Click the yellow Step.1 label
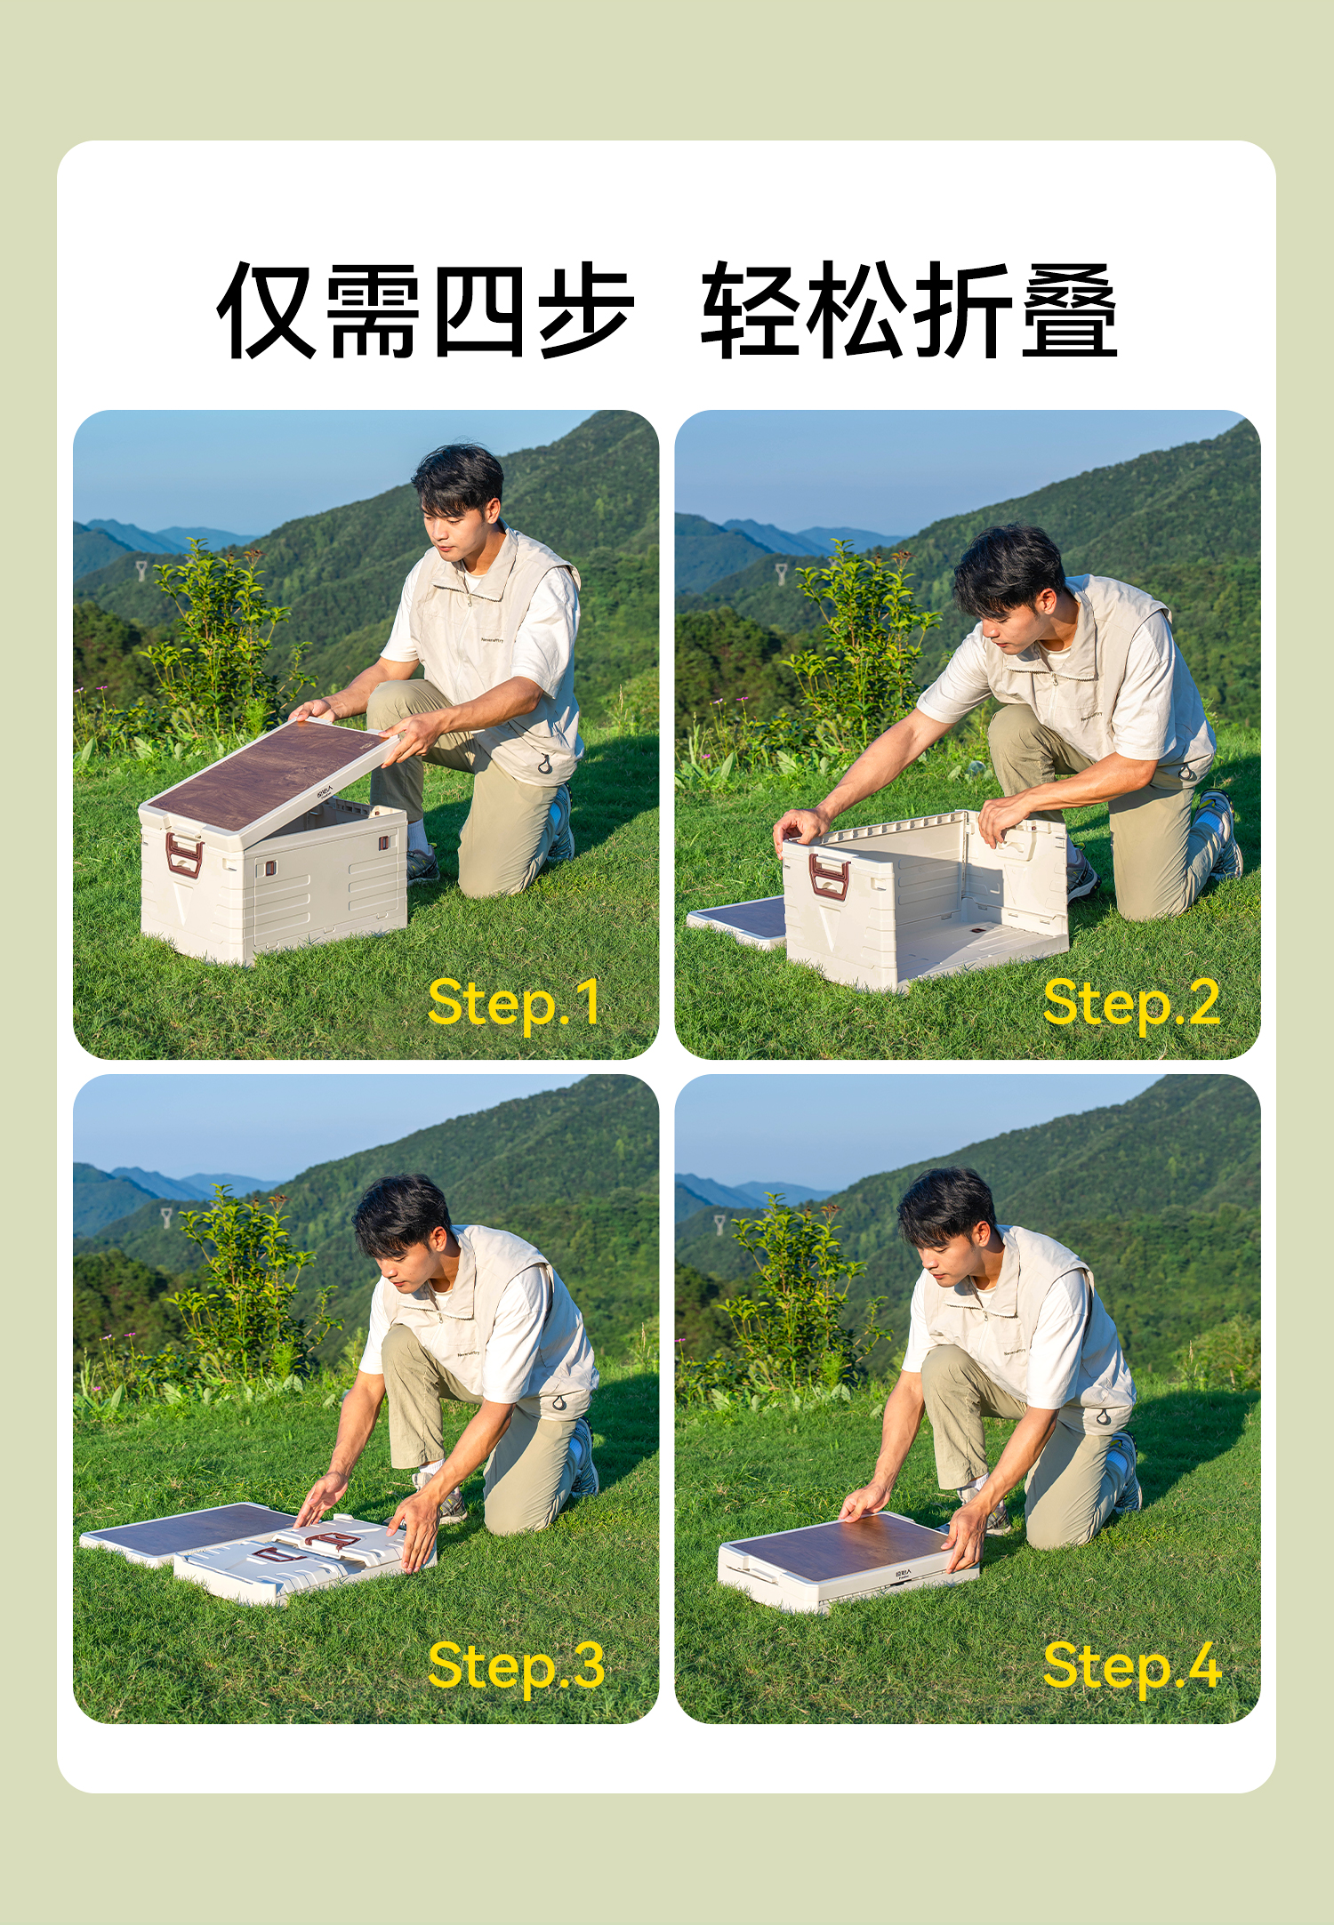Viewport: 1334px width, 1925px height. click(514, 1004)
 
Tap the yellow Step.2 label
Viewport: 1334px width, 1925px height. click(1130, 1004)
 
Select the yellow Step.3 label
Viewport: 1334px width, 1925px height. click(516, 1666)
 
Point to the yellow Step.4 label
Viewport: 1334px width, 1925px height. click(1131, 1666)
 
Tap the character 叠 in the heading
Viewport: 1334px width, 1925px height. click(1069, 310)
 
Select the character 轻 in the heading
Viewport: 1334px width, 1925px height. click(749, 310)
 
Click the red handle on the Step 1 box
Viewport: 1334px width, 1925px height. click(184, 854)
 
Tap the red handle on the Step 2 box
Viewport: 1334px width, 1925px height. click(828, 876)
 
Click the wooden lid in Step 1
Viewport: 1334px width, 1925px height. click(267, 770)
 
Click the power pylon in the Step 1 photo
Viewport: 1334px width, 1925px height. click(141, 570)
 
